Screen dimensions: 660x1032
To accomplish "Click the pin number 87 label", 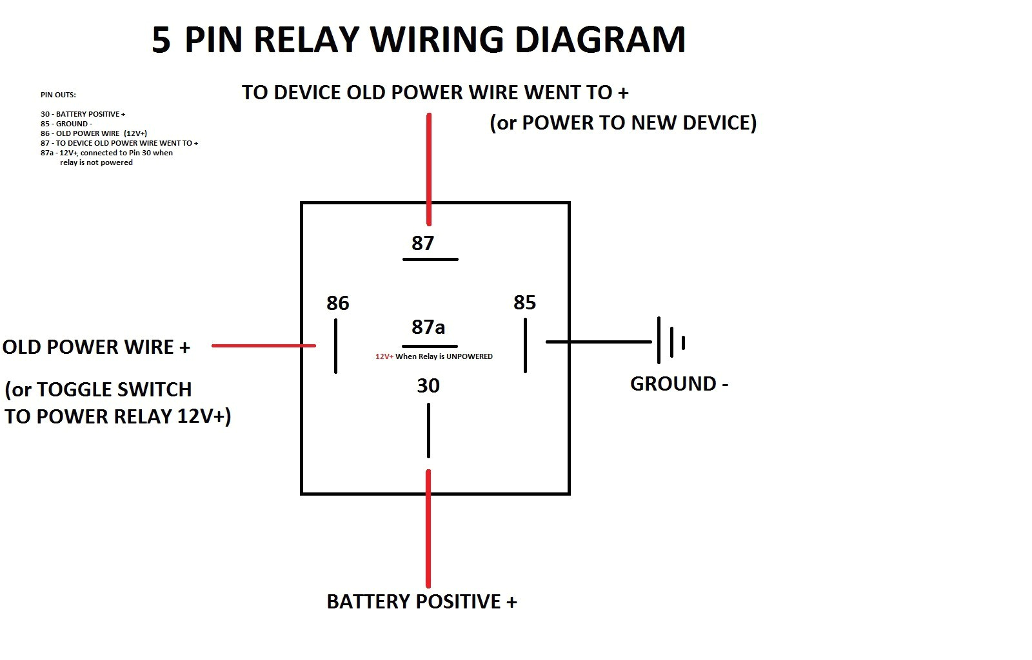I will click(x=422, y=243).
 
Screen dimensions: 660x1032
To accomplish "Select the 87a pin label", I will click(x=428, y=327).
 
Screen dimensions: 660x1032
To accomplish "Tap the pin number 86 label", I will click(x=337, y=303).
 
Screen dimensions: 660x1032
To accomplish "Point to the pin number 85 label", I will click(x=524, y=302).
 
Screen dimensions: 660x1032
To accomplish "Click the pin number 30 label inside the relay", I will click(x=428, y=385).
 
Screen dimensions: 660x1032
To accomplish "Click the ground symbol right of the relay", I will click(x=671, y=341).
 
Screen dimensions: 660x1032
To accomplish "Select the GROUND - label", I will click(x=679, y=384).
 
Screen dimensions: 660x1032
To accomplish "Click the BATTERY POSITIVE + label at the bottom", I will click(x=422, y=601).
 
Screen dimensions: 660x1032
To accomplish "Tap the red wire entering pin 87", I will click(x=429, y=168).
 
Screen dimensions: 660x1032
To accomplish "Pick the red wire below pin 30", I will click(x=428, y=529).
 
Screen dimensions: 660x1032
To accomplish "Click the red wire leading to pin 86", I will click(x=263, y=345).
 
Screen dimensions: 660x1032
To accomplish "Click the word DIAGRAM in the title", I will click(x=600, y=40).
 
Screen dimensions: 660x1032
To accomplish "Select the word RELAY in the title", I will click(x=306, y=40).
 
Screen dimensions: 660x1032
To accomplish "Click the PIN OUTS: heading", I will click(x=58, y=95).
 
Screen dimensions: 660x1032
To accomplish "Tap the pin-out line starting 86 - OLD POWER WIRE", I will click(x=94, y=133).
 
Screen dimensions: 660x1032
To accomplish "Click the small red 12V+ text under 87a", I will click(x=384, y=356).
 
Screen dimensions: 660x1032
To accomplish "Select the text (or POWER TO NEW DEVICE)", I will click(x=623, y=122).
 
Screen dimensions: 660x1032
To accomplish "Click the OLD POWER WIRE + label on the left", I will click(x=96, y=347).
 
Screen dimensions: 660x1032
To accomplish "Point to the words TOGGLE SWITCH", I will click(x=114, y=389).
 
